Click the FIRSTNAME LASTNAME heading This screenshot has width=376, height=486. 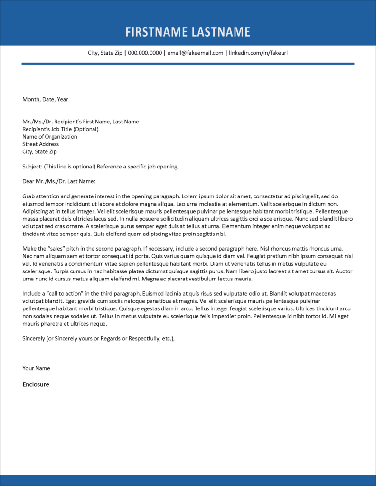pos(188,32)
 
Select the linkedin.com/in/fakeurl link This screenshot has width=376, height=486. pos(258,53)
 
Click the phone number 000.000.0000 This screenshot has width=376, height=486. pos(145,53)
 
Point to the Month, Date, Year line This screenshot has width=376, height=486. pos(45,99)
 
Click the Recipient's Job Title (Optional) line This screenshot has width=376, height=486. pos(60,129)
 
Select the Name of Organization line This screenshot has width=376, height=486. pos(49,137)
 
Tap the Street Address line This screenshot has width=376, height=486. pos(40,144)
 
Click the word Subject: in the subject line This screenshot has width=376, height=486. pos(32,167)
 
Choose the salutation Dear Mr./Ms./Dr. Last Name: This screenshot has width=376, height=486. pos(59,181)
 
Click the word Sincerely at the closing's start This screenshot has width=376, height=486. pos(34,338)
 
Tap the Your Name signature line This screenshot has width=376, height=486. pos(36,368)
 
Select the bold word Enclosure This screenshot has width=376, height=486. pos(36,384)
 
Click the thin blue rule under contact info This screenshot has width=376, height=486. pos(188,63)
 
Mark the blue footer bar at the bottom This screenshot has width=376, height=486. pos(188,480)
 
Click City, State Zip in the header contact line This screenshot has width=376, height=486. pos(105,53)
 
